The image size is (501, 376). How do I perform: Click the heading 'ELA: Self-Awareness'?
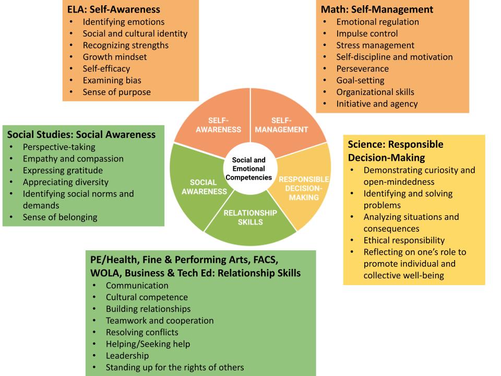pos(114,9)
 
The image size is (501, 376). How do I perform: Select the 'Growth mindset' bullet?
pos(114,57)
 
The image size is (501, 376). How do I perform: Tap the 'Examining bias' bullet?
pos(112,80)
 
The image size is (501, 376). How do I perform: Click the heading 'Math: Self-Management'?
pos(377,9)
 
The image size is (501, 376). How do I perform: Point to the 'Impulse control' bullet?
pos(367,33)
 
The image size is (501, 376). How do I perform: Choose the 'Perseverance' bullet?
pos(362,68)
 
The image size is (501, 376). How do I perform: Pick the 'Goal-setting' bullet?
pos(360,80)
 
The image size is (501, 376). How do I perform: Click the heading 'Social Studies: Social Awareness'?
pos(81,134)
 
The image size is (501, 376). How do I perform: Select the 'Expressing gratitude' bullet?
pos(63,170)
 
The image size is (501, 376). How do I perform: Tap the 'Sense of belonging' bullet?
pos(59,217)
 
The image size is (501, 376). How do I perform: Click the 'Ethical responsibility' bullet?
pos(404,240)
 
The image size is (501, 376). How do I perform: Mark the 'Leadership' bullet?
pos(127,356)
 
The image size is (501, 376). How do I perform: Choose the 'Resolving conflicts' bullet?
pos(142,332)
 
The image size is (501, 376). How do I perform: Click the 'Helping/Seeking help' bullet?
pos(148,344)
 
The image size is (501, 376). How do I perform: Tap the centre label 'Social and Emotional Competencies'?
pos(248,169)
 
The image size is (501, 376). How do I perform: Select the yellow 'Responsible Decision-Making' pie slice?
pos(303,188)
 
